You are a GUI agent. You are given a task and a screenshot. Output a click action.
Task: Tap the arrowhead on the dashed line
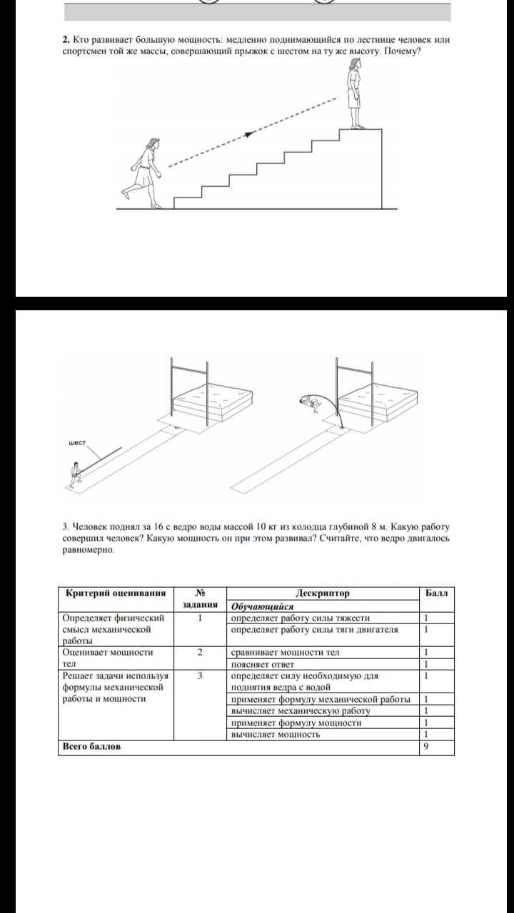click(249, 133)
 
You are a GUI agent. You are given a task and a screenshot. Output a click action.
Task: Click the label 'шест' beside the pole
click(76, 442)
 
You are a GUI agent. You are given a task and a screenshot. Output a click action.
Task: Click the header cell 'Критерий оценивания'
click(116, 593)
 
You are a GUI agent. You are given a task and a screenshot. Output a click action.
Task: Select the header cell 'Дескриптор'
click(323, 593)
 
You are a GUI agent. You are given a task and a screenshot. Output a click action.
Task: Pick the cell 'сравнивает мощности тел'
click(285, 652)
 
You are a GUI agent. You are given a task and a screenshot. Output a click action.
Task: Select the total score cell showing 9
click(425, 747)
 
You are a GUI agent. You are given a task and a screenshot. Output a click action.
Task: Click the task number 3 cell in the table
click(201, 675)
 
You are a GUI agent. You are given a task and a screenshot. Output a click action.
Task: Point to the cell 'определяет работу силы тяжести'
click(301, 618)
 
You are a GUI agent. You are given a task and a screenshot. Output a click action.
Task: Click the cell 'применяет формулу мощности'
click(296, 723)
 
